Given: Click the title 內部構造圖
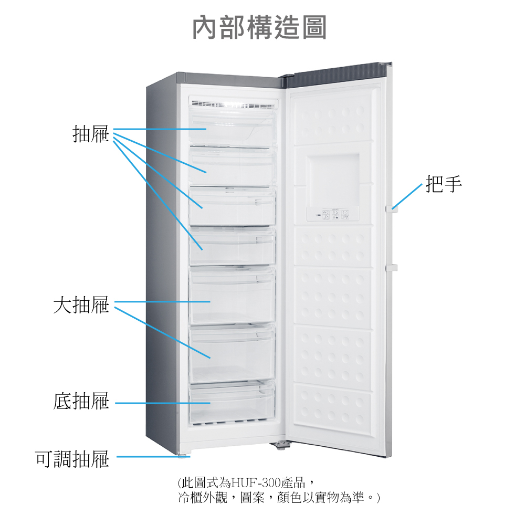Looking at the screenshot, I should [x=259, y=27].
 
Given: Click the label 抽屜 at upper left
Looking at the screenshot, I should [x=90, y=134].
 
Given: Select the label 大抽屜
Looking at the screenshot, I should [x=81, y=304].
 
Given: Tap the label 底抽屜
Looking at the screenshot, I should [x=81, y=402].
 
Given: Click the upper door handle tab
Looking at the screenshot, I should [x=391, y=208].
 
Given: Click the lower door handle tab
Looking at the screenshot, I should [x=391, y=268].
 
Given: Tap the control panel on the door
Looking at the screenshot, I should [x=332, y=214].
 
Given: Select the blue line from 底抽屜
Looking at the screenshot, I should [x=163, y=403].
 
